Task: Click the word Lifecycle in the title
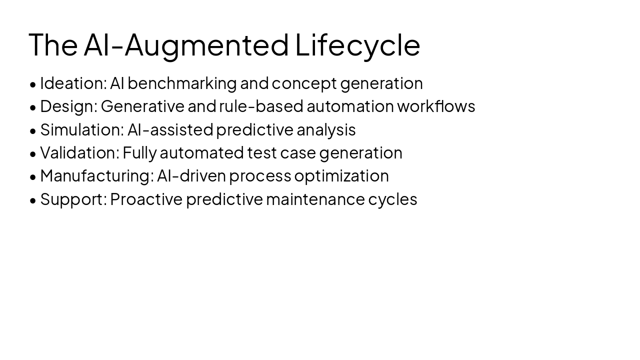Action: [x=357, y=45]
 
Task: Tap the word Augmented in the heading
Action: [x=206, y=45]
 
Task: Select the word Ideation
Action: [x=73, y=83]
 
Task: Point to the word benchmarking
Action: [x=182, y=83]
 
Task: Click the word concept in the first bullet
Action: [x=304, y=83]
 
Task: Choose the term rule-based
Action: [x=261, y=106]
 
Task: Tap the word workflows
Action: [x=436, y=106]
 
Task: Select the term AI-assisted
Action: [x=170, y=129]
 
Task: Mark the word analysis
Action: [x=326, y=129]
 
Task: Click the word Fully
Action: [x=139, y=152]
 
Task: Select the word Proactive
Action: [x=146, y=199]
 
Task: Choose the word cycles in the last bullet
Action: [x=392, y=199]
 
